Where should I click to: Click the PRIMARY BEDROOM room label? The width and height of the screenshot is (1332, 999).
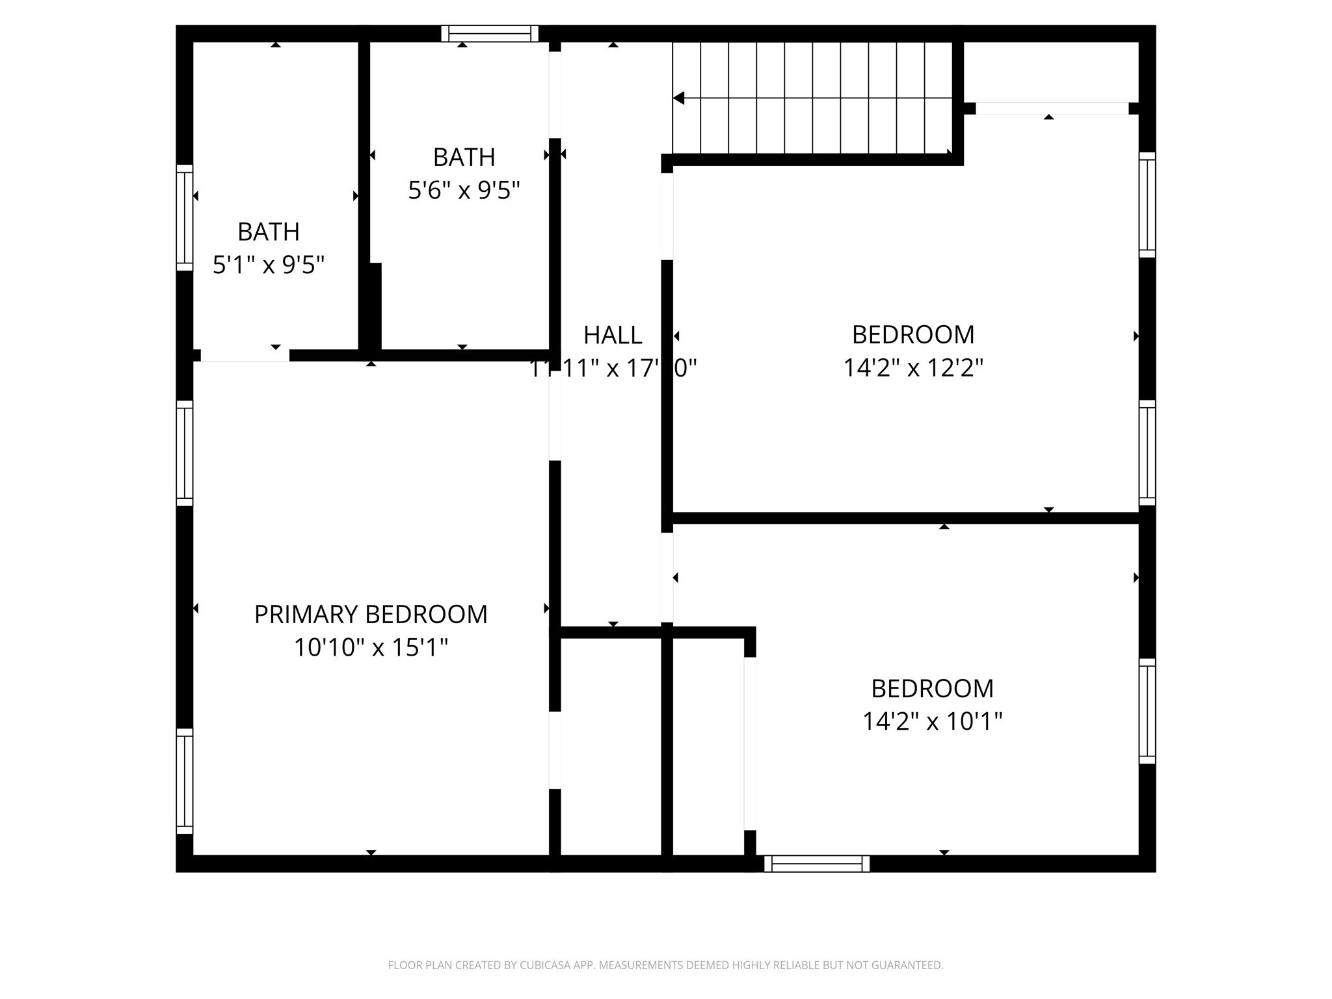pos(371,615)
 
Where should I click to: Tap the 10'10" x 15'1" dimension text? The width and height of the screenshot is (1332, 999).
pos(371,648)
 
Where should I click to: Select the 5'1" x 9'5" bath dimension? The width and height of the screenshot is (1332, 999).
pos(269,265)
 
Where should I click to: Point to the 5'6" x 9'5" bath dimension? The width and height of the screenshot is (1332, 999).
pos(464,191)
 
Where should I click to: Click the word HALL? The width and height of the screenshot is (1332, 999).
pos(613,336)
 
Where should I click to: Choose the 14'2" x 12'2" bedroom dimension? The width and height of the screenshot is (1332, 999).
pos(913,369)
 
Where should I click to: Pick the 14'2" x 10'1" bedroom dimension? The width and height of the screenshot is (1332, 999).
pos(932,721)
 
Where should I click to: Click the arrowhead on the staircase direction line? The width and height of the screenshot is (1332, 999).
pos(679,98)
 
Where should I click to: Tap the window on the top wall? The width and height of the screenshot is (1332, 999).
pos(490,33)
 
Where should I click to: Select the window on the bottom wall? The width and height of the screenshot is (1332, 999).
pos(817,864)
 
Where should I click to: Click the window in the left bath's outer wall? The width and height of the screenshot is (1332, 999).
pos(185,217)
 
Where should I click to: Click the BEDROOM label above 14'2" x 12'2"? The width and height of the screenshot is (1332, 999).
pos(913,335)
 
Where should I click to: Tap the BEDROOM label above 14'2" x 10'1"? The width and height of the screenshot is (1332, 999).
pos(932,688)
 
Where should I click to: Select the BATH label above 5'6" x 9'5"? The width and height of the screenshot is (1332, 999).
pos(464,157)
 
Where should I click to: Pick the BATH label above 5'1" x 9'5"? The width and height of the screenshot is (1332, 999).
pos(269,232)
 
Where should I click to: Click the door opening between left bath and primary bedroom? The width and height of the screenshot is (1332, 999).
pos(245,355)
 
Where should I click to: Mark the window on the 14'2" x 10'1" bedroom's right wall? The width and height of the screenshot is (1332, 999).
pos(1147,711)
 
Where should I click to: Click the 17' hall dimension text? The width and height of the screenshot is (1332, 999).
pos(613,369)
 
